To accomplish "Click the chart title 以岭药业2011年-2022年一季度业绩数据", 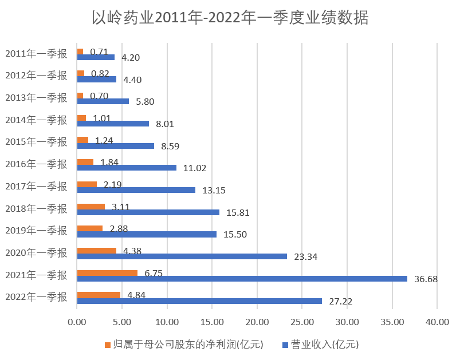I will (x=230, y=18).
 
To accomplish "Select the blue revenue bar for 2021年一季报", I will (x=242, y=279).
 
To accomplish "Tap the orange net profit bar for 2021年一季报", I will (x=107, y=273).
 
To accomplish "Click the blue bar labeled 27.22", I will (x=199, y=301).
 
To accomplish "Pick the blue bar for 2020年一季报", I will (x=182, y=256).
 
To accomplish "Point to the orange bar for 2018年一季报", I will (x=91, y=207).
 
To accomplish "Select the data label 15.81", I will (x=238, y=212).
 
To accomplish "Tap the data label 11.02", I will (x=195, y=168).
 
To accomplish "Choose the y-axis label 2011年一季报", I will (x=36, y=54).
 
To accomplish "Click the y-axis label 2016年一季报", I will (x=36, y=164).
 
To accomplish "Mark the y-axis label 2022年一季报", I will (x=36, y=296).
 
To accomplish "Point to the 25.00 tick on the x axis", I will (x=302, y=322).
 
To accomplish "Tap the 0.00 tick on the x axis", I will (x=76, y=322).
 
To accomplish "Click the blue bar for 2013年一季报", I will (x=103, y=101).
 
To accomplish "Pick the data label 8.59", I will (x=170, y=146).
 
